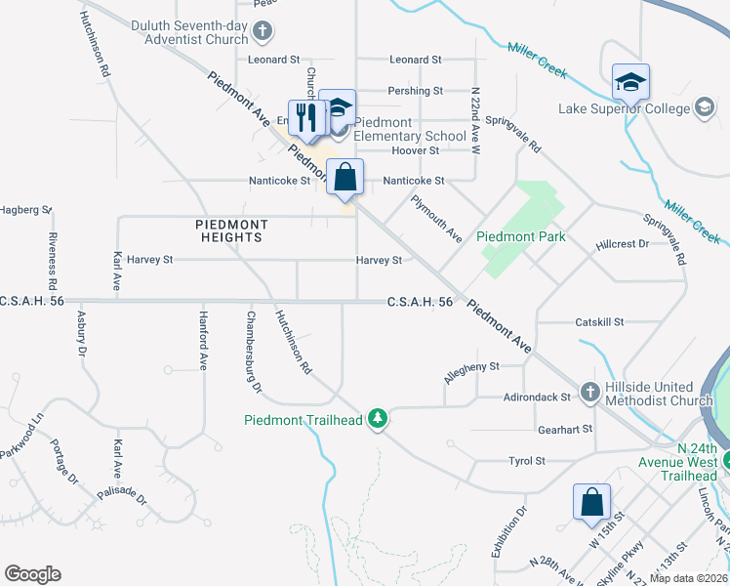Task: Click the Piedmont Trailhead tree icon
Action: click(378, 420)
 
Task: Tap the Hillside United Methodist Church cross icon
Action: click(589, 393)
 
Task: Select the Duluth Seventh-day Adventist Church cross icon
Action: click(262, 32)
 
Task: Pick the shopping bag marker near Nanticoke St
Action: click(345, 178)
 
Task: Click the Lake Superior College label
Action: click(626, 108)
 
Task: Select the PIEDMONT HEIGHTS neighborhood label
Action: click(230, 230)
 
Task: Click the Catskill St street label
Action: click(599, 321)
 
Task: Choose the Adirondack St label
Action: click(537, 398)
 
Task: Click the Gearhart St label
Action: click(565, 429)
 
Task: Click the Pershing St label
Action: click(415, 91)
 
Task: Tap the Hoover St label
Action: click(415, 150)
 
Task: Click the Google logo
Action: click(32, 574)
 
